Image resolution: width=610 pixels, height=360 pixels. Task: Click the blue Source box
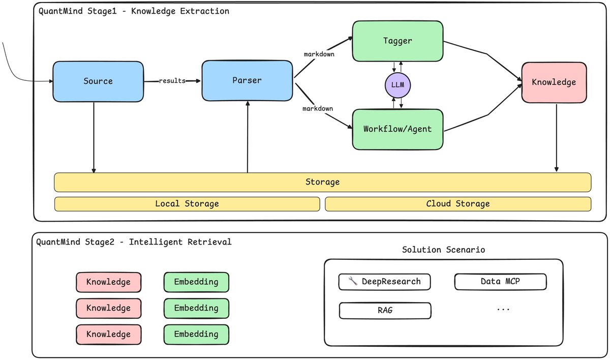tap(98, 81)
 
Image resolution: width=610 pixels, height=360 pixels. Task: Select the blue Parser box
tap(247, 81)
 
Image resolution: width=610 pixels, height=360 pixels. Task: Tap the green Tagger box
tap(398, 41)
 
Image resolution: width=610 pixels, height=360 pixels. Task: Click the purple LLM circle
tap(398, 85)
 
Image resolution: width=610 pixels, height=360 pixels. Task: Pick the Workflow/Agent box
tap(398, 129)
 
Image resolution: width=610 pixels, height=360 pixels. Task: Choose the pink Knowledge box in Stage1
tap(554, 82)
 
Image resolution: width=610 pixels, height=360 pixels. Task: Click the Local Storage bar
tap(187, 204)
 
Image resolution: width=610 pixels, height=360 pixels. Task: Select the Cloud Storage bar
tap(458, 204)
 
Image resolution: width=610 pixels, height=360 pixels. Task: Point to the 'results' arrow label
tap(172, 81)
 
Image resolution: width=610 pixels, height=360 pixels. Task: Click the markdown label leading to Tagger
tap(319, 54)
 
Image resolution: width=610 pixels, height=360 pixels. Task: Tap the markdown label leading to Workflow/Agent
tap(318, 109)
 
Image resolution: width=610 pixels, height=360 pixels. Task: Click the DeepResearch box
tap(384, 282)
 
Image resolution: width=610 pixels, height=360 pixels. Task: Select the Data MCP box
tap(501, 282)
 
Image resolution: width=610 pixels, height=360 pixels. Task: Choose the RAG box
tap(385, 311)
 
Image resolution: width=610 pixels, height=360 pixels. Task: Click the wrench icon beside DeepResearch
tap(353, 281)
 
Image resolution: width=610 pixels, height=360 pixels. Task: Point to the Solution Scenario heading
tap(443, 250)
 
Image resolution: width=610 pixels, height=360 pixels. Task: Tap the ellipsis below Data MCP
tap(503, 310)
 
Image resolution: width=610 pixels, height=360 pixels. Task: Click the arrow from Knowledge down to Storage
tap(556, 137)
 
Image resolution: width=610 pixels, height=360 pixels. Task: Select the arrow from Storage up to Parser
tap(248, 137)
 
